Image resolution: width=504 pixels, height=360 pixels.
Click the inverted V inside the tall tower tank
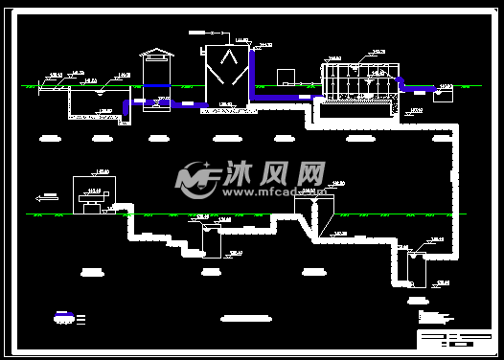225,60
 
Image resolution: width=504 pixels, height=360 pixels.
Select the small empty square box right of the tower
286,76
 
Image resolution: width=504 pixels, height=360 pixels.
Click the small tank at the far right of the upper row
443,94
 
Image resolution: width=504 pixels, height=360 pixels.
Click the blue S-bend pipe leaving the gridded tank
414,88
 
